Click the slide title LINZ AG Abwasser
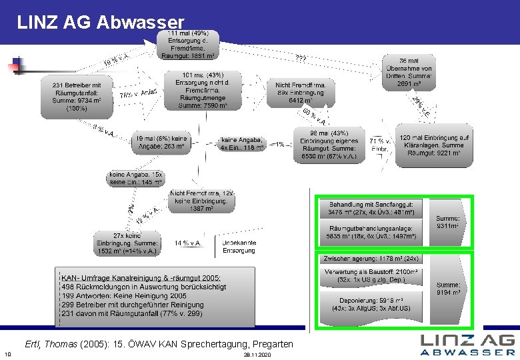click(100, 22)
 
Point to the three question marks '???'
click(301, 59)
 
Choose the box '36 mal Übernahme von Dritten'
click(409, 72)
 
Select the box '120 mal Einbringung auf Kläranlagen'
click(434, 145)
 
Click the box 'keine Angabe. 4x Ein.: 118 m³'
click(242, 144)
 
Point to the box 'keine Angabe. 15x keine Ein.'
click(136, 178)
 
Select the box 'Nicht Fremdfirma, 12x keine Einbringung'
click(201, 200)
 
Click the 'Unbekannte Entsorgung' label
click(239, 247)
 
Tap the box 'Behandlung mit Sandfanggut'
click(371, 209)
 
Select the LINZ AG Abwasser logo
click(467, 343)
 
